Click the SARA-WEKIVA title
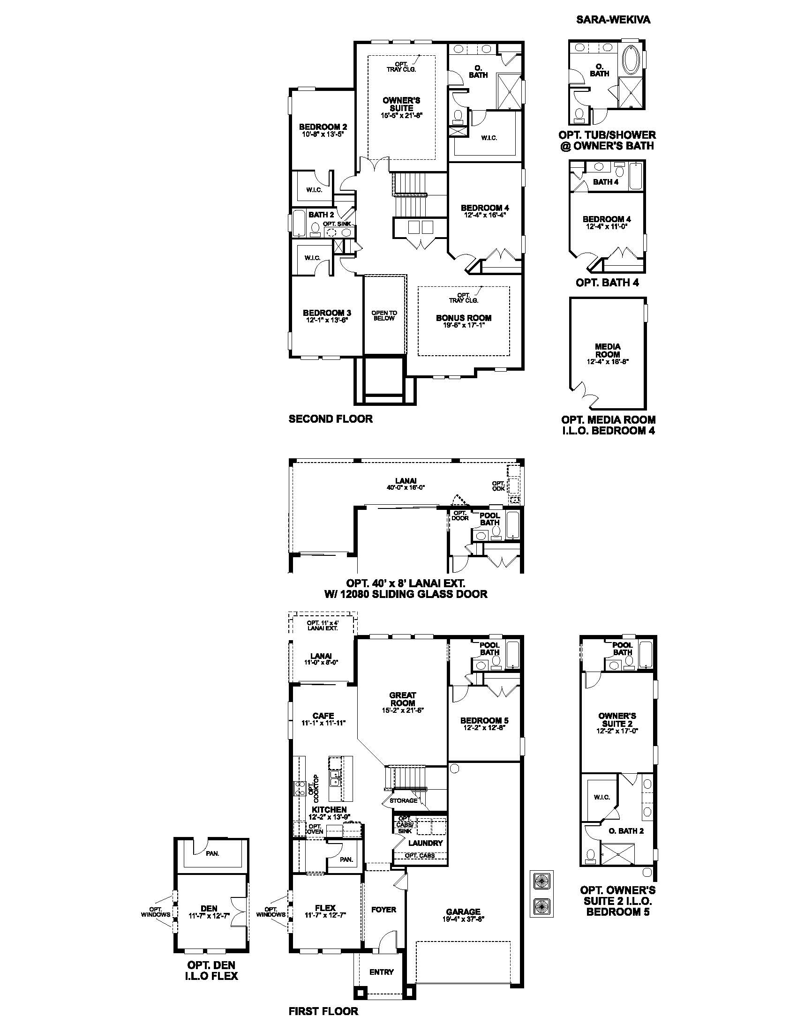[613, 20]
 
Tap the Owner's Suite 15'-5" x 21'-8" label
[401, 108]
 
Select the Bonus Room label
[464, 318]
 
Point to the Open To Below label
[384, 315]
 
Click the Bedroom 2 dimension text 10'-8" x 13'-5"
[323, 134]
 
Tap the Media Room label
[608, 350]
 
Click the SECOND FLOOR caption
[331, 418]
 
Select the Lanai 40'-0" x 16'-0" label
[406, 485]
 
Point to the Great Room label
[403, 699]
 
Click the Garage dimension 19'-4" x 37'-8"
[463, 919]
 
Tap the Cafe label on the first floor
[323, 716]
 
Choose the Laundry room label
[425, 843]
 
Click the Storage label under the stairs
[403, 800]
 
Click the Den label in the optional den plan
[209, 908]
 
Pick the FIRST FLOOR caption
[323, 1011]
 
